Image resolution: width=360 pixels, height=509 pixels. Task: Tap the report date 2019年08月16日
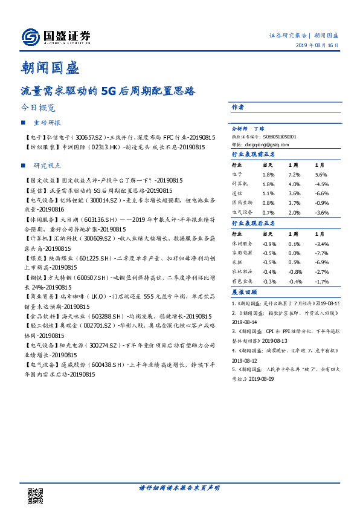pyautogui.click(x=324, y=46)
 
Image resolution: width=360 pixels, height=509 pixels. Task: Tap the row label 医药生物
pyautogui.click(x=242, y=204)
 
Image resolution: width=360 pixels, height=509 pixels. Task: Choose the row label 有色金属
pyautogui.click(x=242, y=265)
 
